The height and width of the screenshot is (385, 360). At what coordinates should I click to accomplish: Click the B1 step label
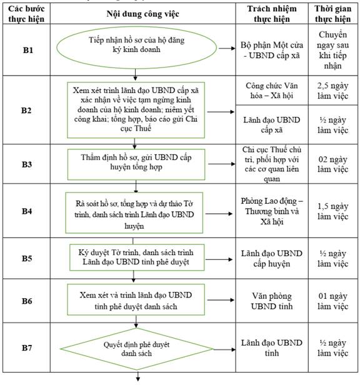27,50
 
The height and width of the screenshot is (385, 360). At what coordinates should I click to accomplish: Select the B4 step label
27,211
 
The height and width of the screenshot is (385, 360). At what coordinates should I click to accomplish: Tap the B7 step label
27,347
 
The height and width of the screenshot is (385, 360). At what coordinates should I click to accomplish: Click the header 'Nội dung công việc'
142,14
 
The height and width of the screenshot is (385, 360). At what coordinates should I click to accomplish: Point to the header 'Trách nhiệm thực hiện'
272,14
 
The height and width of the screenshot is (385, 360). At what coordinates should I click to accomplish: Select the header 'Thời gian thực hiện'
332,14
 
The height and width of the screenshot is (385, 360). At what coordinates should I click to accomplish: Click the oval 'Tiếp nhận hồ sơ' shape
136,47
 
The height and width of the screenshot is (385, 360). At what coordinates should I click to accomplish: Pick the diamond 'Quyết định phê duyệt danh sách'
136,349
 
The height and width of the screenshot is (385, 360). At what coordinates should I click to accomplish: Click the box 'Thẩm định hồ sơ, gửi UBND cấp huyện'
136,164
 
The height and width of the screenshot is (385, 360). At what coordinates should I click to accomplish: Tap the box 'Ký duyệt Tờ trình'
137,257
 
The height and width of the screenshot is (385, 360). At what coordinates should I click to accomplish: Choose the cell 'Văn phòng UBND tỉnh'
272,301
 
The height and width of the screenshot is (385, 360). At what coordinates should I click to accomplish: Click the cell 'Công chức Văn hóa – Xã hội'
272,91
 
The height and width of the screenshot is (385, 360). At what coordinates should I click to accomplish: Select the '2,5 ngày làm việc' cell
332,91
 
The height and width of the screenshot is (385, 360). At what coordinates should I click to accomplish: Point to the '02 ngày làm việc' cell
332,164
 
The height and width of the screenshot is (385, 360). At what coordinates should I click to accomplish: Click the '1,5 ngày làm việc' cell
332,211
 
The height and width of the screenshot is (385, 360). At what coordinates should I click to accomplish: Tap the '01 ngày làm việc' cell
332,301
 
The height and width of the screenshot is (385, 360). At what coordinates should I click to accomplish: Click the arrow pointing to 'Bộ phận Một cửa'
227,48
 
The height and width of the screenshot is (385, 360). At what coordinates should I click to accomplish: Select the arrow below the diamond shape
138,377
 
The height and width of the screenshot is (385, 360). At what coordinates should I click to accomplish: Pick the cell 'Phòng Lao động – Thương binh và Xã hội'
272,211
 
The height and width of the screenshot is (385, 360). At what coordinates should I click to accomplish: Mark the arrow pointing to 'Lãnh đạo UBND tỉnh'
224,349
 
